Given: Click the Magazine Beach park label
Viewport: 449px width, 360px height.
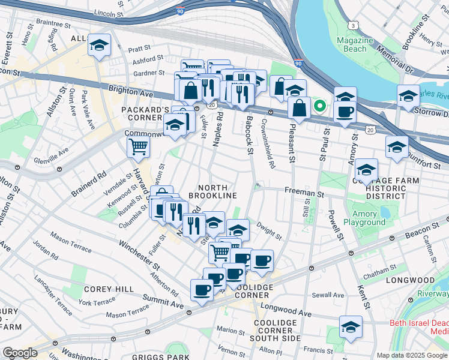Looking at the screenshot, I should [x=355, y=44].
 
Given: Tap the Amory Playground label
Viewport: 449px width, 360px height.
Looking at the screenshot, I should [x=364, y=218].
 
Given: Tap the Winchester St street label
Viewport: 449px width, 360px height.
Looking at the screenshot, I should [x=139, y=255].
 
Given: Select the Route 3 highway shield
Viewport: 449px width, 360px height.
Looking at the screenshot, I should [x=355, y=25].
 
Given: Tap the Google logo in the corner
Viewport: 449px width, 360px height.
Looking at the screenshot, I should [x=20, y=353].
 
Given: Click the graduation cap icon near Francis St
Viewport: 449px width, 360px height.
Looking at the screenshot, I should [x=351, y=328].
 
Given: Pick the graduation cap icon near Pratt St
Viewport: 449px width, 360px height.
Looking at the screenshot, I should [x=99, y=46].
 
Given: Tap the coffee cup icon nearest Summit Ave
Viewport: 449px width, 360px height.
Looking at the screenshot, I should [x=202, y=290].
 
